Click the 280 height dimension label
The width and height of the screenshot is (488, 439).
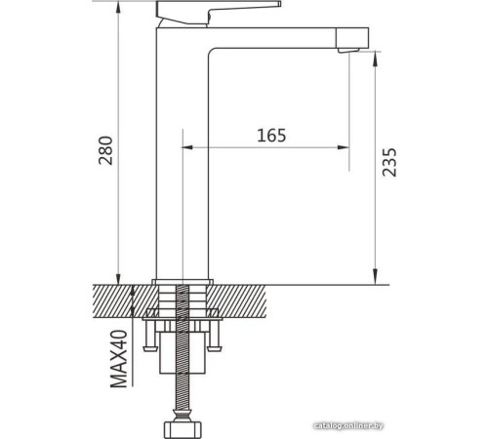[x=107, y=148]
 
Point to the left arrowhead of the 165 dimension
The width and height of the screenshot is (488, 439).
[x=189, y=147]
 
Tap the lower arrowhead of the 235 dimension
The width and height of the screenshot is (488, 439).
[x=375, y=275]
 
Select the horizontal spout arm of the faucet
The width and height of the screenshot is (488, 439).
[x=283, y=37]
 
